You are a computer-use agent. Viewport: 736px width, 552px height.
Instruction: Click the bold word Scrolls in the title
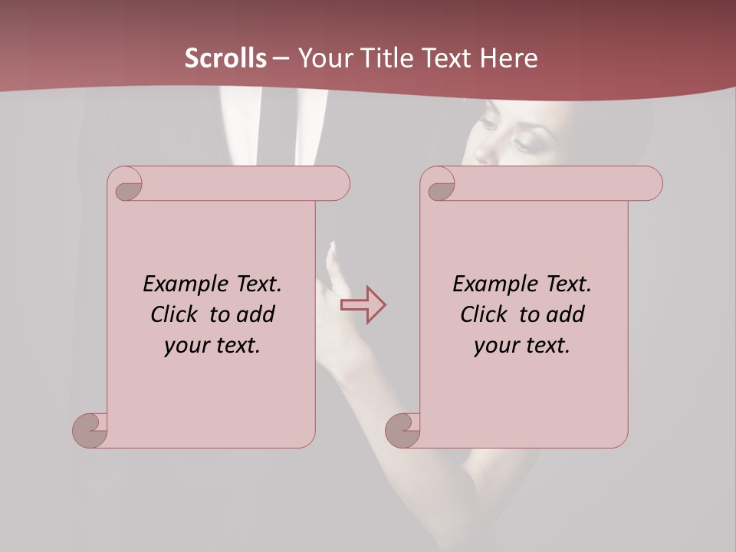pos(225,58)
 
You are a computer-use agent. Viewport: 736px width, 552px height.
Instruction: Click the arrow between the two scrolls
pos(363,305)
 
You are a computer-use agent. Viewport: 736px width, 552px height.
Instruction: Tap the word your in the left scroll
pos(182,346)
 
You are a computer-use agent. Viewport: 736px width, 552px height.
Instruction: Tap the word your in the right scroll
pos(492,346)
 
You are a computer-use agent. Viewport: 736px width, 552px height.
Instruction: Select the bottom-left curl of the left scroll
pos(90,429)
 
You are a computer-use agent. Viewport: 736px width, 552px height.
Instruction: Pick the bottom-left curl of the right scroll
pos(402,429)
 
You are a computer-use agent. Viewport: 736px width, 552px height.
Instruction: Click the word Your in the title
pos(320,58)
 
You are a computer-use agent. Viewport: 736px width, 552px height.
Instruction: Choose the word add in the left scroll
pos(257,314)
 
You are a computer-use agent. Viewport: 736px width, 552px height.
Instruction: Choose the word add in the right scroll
pos(567,314)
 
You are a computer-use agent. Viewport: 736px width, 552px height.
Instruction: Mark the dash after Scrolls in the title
pos(281,58)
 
